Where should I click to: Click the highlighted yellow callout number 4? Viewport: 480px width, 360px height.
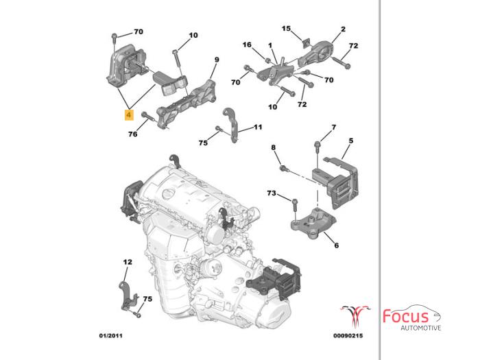pos(129,115)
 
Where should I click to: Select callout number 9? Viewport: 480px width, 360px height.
pos(216,60)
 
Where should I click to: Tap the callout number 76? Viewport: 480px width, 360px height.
pos(133,134)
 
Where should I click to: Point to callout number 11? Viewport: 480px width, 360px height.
pos(258,127)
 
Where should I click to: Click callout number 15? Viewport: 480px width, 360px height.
pos(287,28)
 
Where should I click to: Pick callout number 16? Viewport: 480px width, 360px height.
pos(247,45)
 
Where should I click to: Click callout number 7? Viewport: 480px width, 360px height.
pos(334,128)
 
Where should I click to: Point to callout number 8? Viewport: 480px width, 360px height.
pos(273,147)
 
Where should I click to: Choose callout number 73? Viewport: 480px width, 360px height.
pos(272,194)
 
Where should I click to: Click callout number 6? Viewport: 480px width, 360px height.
pos(336,245)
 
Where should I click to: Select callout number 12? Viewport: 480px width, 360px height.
pos(128,262)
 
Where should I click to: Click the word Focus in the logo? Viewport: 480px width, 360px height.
pos(406,316)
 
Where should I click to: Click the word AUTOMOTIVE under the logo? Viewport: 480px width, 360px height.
pos(420,328)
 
